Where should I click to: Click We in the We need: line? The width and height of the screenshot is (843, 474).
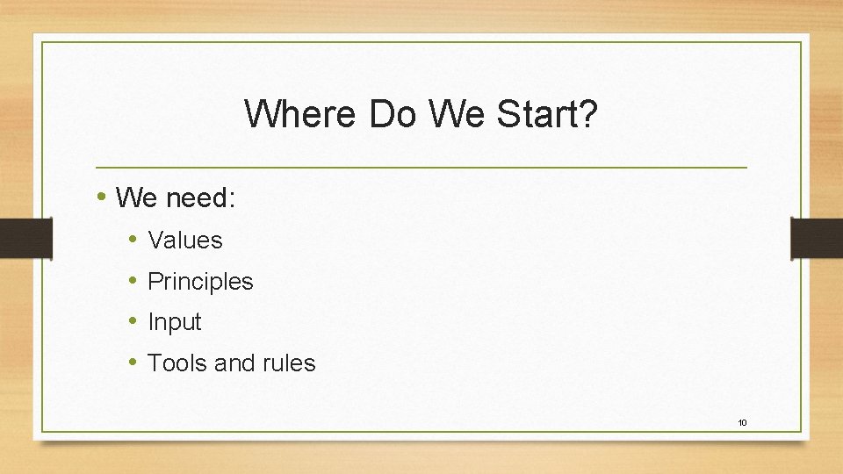pos(136,198)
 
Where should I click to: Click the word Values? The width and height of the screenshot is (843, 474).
pos(185,240)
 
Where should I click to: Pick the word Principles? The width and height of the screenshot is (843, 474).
pos(200,281)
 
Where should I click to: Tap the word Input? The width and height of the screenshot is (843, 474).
pos(175,322)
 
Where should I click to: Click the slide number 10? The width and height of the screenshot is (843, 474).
pos(742,423)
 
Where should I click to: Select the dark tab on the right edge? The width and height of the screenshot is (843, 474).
pos(817,238)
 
